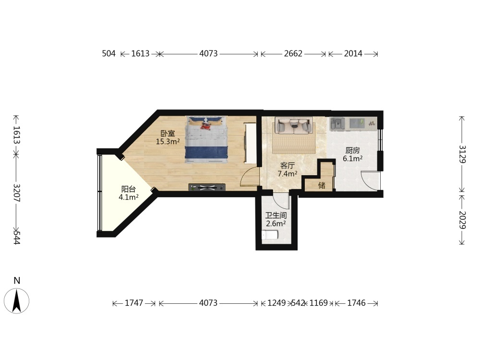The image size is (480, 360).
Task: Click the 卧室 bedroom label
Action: point(168,133)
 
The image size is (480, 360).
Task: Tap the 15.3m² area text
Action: point(168,142)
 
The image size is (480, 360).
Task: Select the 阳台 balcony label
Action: point(129,189)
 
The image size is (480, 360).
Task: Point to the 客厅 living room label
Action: point(288,166)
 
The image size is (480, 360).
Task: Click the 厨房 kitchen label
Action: point(353,150)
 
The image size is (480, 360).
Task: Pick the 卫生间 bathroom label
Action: point(276,215)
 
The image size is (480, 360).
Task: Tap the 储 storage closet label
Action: point(322,185)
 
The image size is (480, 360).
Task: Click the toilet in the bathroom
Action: point(270,235)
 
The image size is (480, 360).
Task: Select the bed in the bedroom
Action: point(206,139)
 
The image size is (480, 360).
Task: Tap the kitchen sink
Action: point(337,123)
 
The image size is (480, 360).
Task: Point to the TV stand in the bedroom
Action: point(207,187)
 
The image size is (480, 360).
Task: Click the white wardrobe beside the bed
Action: point(250,143)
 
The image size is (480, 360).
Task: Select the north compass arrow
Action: point(16,301)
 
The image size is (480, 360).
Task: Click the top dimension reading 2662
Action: point(293,54)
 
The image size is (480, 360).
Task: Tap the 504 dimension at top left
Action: point(108,54)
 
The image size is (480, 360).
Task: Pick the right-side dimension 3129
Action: point(462,154)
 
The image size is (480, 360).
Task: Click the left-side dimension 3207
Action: point(16,193)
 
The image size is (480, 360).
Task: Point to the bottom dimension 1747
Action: point(134,303)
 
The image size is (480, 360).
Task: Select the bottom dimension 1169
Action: point(318,303)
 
